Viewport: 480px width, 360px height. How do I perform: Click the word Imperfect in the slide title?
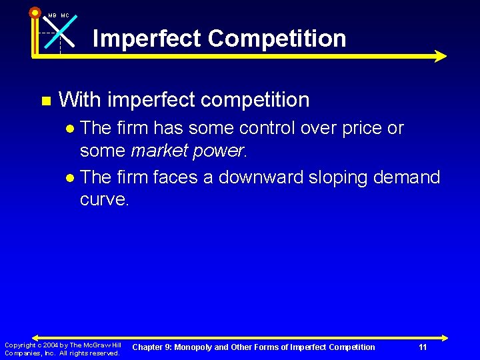(147, 38)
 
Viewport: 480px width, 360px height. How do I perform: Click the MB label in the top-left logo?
(52, 15)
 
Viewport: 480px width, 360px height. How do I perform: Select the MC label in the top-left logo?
(65, 15)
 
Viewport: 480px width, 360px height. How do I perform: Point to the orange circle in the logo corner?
(35, 12)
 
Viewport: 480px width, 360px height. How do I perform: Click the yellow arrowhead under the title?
(440, 56)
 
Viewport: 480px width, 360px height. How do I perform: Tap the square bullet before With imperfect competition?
(45, 101)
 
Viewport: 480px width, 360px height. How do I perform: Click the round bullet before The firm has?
(71, 128)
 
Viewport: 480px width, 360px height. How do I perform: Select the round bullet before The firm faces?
(71, 178)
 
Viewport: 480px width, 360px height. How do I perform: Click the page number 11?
(423, 347)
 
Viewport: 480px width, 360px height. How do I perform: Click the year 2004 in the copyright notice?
(49, 345)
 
